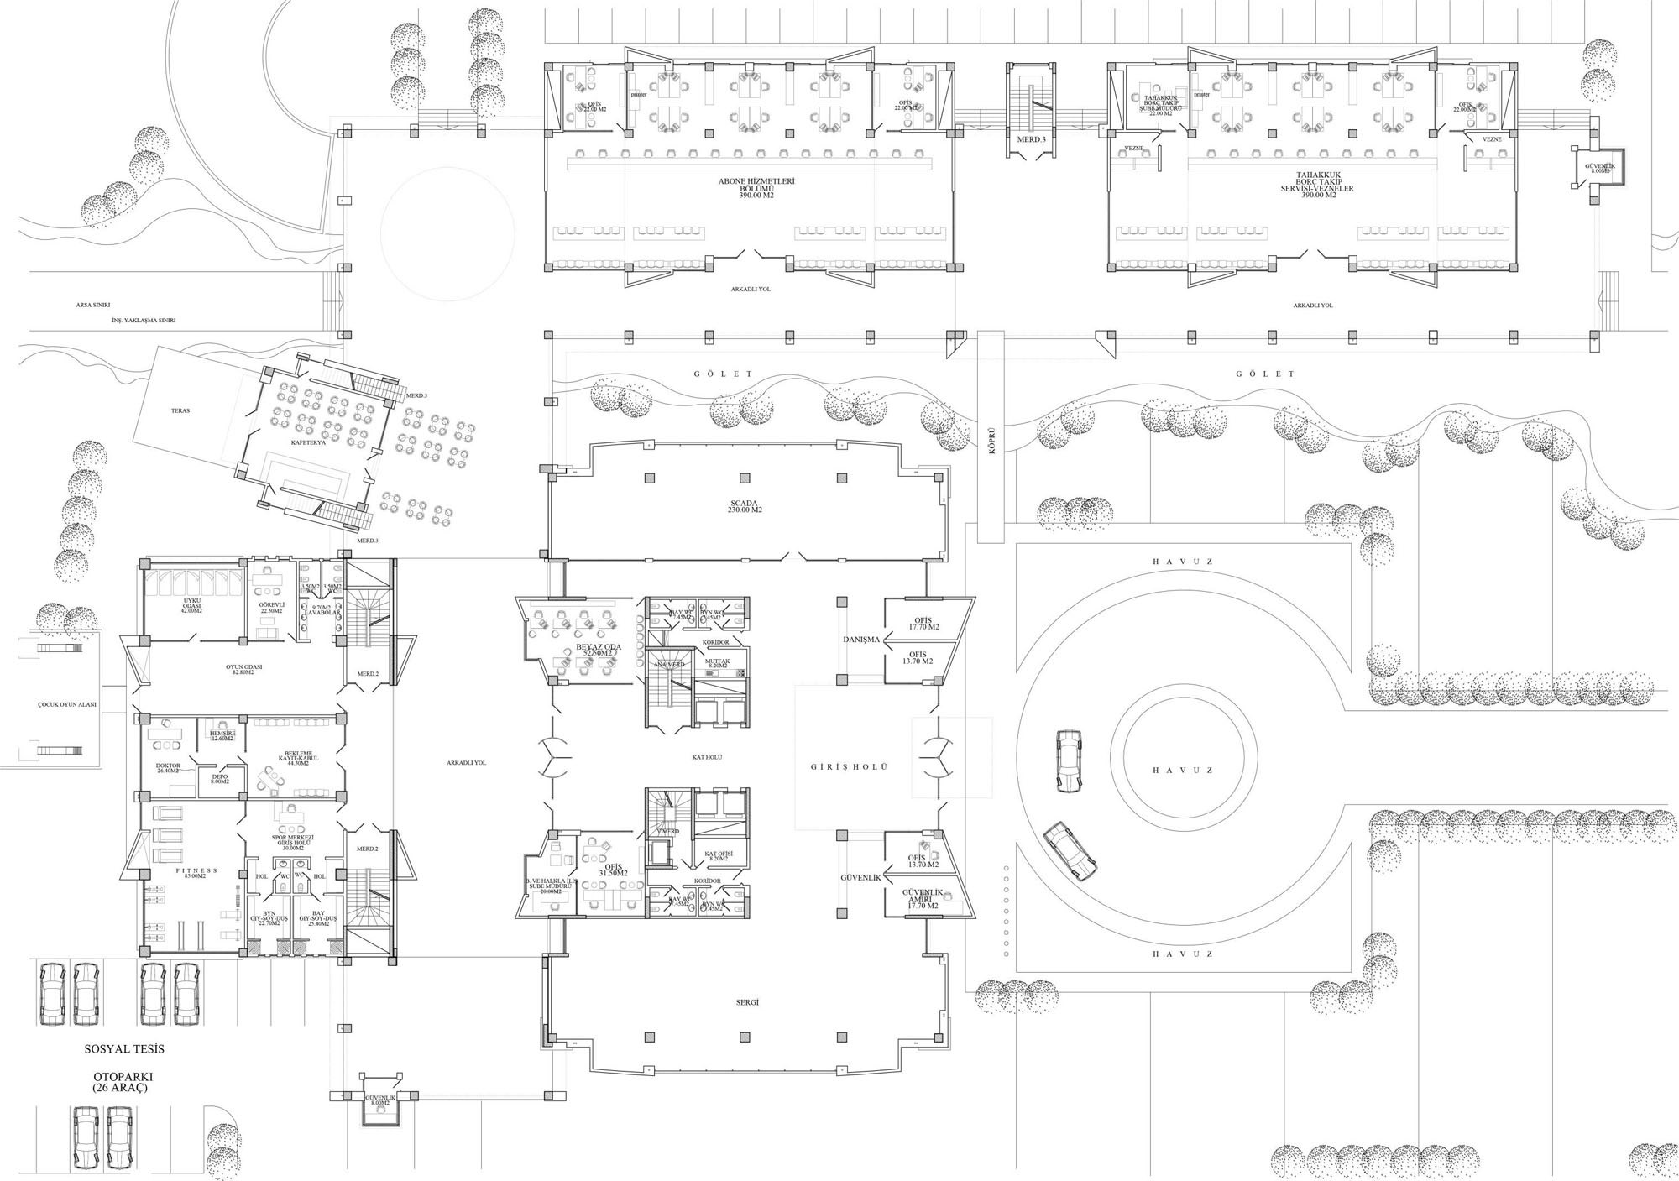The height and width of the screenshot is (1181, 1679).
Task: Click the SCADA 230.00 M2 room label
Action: pyautogui.click(x=745, y=507)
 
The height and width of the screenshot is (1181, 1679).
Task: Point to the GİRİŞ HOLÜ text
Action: pyautogui.click(x=849, y=767)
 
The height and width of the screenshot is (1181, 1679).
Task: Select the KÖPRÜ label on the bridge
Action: pyautogui.click(x=991, y=441)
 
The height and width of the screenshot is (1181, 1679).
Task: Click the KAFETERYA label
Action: pyautogui.click(x=308, y=442)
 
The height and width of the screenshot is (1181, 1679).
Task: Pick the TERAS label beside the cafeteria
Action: pyautogui.click(x=180, y=411)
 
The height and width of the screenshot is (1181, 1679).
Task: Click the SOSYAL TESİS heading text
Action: pyautogui.click(x=124, y=1049)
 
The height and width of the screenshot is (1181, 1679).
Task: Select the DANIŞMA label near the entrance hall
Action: pyautogui.click(x=861, y=640)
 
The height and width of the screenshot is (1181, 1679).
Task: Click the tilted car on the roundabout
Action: pyautogui.click(x=1070, y=851)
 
